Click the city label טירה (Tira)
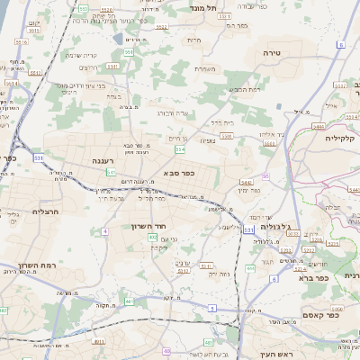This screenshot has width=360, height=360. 271,53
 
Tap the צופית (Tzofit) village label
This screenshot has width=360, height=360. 205,139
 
